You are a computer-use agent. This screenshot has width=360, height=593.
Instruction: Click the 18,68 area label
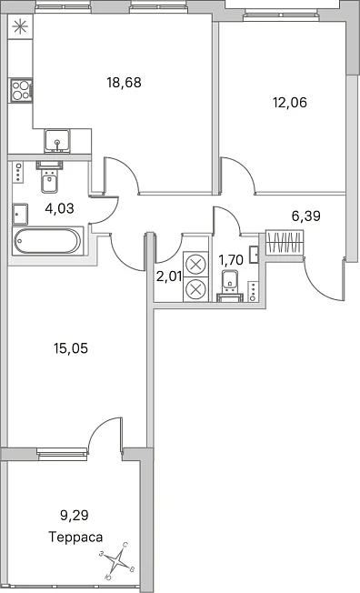(x=124, y=82)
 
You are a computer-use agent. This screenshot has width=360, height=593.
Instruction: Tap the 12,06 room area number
(x=290, y=102)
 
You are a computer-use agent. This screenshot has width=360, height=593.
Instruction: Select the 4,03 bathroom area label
(x=59, y=207)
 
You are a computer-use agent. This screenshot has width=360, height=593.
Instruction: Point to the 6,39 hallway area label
(x=306, y=216)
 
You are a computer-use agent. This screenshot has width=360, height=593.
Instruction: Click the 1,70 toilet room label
(x=231, y=260)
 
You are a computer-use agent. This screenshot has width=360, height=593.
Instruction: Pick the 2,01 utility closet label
(x=169, y=276)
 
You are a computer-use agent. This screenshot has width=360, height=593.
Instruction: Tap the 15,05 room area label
(x=71, y=348)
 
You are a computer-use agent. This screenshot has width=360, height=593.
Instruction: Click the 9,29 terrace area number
(x=75, y=515)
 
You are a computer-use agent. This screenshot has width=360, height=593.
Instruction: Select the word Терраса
(x=75, y=537)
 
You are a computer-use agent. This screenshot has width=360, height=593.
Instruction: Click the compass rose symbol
(x=117, y=560)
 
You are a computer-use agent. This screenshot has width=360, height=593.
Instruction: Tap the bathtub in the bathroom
(x=47, y=241)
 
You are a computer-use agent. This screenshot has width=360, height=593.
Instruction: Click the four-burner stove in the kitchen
(x=21, y=90)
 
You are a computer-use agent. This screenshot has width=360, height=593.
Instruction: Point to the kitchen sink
(x=57, y=141)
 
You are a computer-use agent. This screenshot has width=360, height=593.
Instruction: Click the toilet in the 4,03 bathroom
(x=49, y=177)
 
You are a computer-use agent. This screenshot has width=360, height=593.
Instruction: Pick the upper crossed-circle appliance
(x=195, y=264)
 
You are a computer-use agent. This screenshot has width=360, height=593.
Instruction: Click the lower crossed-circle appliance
(x=195, y=289)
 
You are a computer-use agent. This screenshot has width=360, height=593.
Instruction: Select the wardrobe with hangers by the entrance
(x=285, y=242)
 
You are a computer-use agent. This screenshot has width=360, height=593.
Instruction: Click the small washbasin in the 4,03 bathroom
(x=20, y=215)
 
